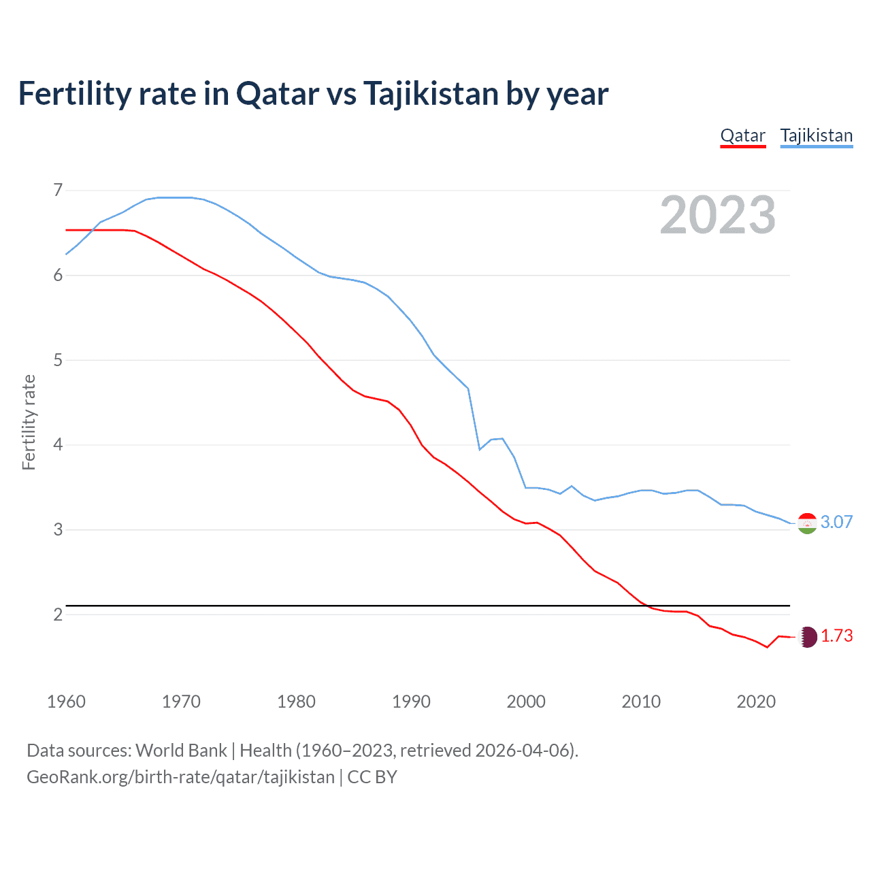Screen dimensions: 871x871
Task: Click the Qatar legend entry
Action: pyautogui.click(x=742, y=135)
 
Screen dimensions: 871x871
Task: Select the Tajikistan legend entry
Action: pyautogui.click(x=816, y=135)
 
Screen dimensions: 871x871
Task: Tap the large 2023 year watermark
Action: pyautogui.click(x=717, y=215)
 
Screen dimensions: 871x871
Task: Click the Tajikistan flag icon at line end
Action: pyautogui.click(x=807, y=523)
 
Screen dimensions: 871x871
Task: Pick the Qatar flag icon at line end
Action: pyautogui.click(x=807, y=636)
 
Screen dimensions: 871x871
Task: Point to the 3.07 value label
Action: pyautogui.click(x=836, y=522)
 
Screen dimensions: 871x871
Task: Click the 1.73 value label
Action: pyautogui.click(x=836, y=636)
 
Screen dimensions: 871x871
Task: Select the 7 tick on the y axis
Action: pyautogui.click(x=58, y=190)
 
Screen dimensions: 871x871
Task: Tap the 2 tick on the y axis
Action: pyautogui.click(x=58, y=614)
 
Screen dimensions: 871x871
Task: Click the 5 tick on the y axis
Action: pyautogui.click(x=58, y=360)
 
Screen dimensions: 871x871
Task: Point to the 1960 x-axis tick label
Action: pyautogui.click(x=66, y=702)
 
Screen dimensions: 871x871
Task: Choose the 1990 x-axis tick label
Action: pyautogui.click(x=411, y=702)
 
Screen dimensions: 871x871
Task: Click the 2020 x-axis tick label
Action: pyautogui.click(x=756, y=702)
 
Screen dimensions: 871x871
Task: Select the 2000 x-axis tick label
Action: pyautogui.click(x=526, y=702)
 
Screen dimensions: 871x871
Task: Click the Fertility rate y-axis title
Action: pyautogui.click(x=29, y=422)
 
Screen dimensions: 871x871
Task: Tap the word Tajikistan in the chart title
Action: pyautogui.click(x=431, y=94)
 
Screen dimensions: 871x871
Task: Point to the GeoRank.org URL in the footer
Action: pyautogui.click(x=180, y=777)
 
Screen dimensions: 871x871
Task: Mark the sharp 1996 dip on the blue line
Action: pyautogui.click(x=480, y=449)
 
